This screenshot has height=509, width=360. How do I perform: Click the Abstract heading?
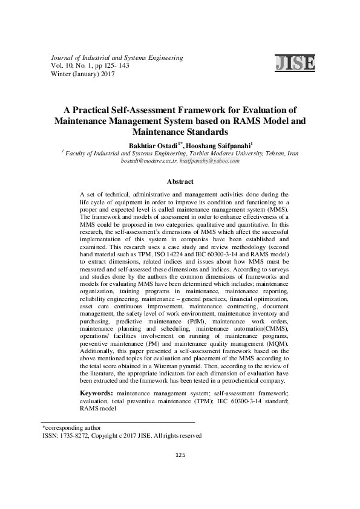(x=180, y=181)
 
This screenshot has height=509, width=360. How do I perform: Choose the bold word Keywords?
(x=96, y=394)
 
